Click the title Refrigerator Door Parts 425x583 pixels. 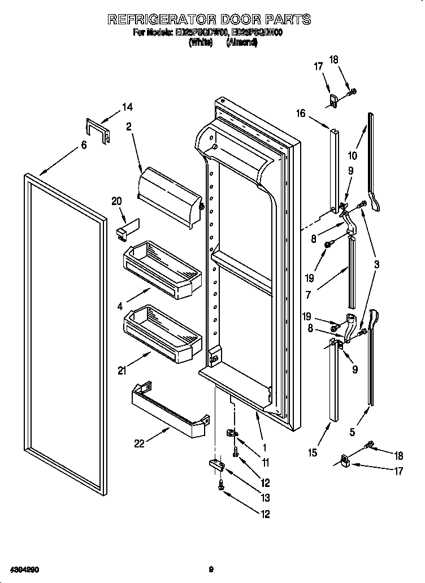click(x=209, y=19)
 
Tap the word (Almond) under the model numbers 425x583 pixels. click(x=242, y=42)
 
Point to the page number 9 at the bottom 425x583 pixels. click(x=210, y=569)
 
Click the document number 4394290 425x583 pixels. click(x=23, y=569)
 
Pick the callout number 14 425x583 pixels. click(x=127, y=107)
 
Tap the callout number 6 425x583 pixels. click(x=84, y=145)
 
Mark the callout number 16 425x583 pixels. click(x=300, y=114)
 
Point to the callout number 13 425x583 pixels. click(x=265, y=498)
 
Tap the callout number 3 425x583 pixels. click(x=376, y=264)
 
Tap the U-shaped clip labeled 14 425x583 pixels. click(x=97, y=130)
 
